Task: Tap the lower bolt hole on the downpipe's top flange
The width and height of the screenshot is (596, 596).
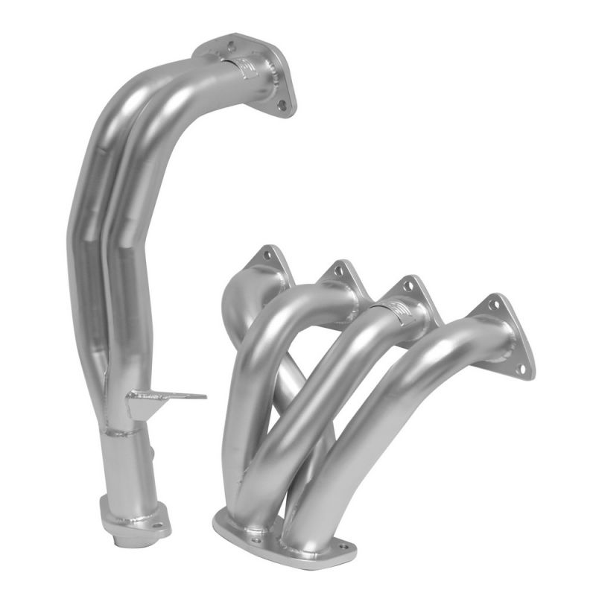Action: (283, 106)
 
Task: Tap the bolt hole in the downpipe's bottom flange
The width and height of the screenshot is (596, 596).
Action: (157, 524)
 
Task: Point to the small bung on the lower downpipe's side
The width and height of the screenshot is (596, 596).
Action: (152, 451)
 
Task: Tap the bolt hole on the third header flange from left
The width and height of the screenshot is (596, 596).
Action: (409, 287)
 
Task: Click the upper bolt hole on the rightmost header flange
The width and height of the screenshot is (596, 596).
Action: (492, 305)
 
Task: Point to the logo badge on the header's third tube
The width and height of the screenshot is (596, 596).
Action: (401, 311)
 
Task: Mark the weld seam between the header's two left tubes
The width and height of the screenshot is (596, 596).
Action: (238, 484)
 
